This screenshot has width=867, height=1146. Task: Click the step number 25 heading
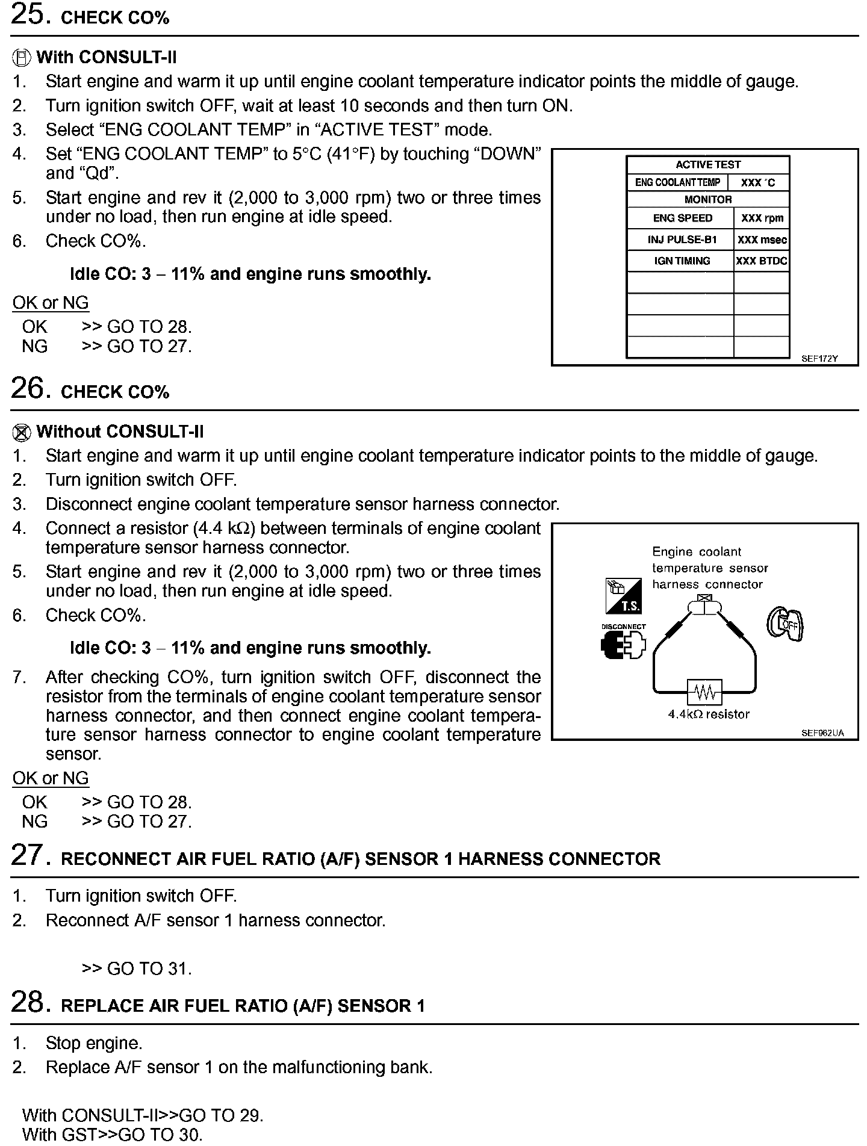point(27,14)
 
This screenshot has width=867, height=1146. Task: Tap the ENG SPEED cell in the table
point(682,218)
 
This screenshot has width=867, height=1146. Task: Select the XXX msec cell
point(762,240)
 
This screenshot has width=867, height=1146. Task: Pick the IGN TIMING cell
point(682,261)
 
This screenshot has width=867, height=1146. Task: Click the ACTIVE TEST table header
point(708,164)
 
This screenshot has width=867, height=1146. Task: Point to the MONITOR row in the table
point(708,199)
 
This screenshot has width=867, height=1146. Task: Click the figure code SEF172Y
point(819,359)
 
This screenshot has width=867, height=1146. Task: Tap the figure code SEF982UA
point(822,733)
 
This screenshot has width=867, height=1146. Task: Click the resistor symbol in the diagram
point(705,693)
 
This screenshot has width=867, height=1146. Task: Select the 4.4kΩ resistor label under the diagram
point(709,714)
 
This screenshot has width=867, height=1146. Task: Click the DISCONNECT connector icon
point(623,646)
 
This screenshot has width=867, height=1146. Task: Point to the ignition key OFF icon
point(785,624)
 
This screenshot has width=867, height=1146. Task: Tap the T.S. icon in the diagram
point(623,596)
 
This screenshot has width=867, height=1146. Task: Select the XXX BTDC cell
point(762,261)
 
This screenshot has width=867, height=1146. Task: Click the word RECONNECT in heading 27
point(115,859)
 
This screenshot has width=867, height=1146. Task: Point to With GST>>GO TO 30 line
point(112,1135)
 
